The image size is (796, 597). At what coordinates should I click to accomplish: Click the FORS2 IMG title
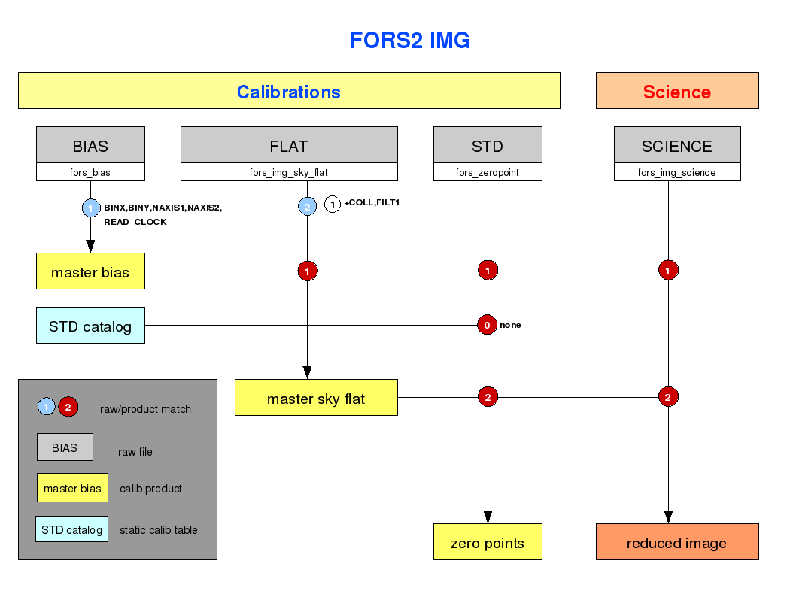pos(410,41)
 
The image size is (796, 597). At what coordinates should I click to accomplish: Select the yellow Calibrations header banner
pos(289,91)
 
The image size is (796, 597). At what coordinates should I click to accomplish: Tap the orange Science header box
pos(677,91)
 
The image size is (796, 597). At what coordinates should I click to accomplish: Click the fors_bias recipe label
pos(90,172)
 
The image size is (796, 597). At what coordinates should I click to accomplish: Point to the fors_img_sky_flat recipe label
pos(288,172)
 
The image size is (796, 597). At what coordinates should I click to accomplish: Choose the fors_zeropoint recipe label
pos(488,172)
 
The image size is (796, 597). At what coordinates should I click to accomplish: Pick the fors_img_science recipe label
pos(676,172)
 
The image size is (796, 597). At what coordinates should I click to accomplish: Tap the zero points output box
pos(488,541)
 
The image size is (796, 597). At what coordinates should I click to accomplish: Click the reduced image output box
pos(677,541)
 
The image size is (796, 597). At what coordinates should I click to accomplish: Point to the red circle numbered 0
pos(487,325)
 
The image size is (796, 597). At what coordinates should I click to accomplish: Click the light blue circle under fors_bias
pos(91,208)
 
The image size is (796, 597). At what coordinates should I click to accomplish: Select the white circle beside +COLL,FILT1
pos(333,205)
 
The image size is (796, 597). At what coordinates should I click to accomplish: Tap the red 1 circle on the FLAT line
pos(307,271)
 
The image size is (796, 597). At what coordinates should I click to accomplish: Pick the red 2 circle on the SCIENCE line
pos(668,397)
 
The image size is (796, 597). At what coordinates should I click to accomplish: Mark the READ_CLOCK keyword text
pos(135,222)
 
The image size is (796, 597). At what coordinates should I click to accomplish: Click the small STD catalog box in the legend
pos(71,529)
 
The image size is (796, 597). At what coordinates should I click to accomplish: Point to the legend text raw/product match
pos(146,409)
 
